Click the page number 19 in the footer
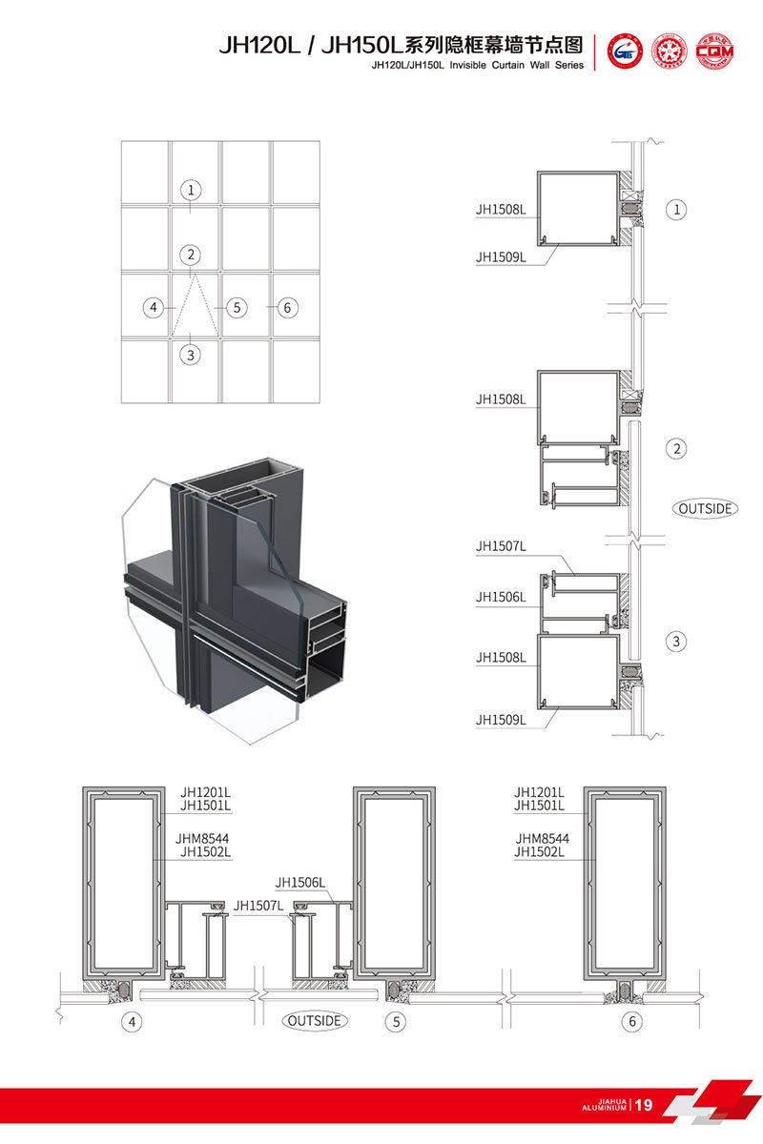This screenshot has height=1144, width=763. coord(644,1105)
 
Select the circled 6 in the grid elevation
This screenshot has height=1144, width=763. coord(287,308)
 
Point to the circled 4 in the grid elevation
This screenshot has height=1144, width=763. coord(153,308)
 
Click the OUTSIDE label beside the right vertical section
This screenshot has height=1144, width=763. coord(707,508)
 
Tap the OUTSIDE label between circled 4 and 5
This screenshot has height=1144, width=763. coord(315,1020)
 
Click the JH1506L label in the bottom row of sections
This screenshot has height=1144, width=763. coord(300,883)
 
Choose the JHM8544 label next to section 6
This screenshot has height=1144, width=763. coord(541,838)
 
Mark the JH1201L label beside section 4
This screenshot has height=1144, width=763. coord(206,792)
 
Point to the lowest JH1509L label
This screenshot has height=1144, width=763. coord(501,720)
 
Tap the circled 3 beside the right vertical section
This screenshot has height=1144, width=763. coord(676,642)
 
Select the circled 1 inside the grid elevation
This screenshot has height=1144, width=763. coord(191,190)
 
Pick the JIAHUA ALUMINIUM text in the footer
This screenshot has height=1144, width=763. coord(604,1105)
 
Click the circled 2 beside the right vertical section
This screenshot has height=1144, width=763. coord(676,448)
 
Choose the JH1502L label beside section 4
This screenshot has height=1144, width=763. coord(206,851)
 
